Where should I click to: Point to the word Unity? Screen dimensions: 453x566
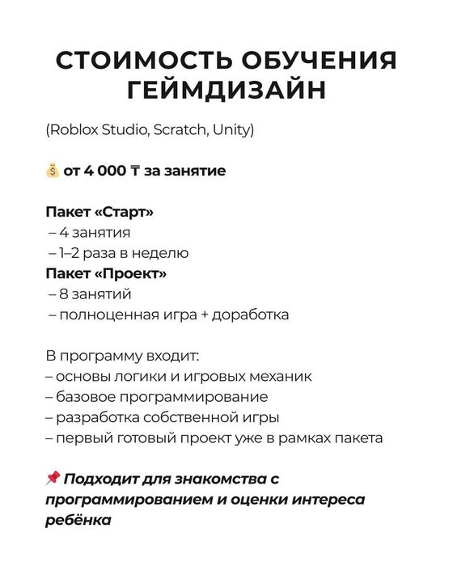click(x=233, y=129)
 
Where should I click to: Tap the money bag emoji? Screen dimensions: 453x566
click(x=53, y=171)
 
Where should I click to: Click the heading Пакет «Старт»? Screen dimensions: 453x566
click(x=99, y=213)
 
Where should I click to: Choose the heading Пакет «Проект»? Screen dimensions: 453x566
click(x=106, y=273)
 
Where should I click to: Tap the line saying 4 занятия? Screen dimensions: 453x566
click(x=94, y=233)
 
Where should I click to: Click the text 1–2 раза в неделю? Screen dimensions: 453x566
click(x=122, y=253)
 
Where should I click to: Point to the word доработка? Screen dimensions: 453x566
click(x=250, y=314)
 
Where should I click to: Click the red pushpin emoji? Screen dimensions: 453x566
click(x=53, y=479)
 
